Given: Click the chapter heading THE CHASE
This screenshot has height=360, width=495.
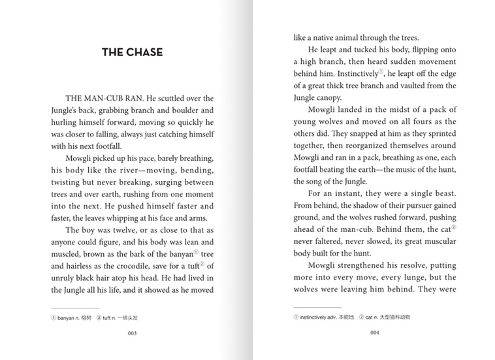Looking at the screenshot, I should tap(133, 52).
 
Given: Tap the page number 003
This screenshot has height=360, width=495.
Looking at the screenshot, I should tap(132, 333).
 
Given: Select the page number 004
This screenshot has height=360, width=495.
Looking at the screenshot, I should tap(375, 333).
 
